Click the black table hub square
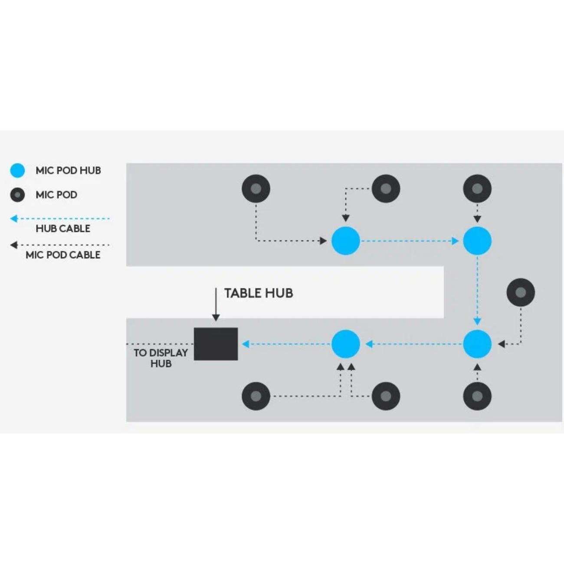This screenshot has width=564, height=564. pyautogui.click(x=216, y=344)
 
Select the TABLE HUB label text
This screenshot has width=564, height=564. pyautogui.click(x=259, y=293)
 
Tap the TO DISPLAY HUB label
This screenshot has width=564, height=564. pyautogui.click(x=161, y=358)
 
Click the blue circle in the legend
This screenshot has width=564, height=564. pyautogui.click(x=17, y=171)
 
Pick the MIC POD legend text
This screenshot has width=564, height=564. pyautogui.click(x=56, y=195)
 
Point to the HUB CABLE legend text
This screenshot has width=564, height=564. pyautogui.click(x=63, y=229)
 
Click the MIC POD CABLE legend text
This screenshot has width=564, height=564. pyautogui.click(x=63, y=255)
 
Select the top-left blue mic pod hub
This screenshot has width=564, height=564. pyautogui.click(x=346, y=241)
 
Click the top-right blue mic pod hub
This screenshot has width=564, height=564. pyautogui.click(x=477, y=241)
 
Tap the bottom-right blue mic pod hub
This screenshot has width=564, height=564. pyautogui.click(x=477, y=344)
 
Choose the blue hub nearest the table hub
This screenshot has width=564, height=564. pyautogui.click(x=346, y=344)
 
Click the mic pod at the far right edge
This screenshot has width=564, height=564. pyautogui.click(x=521, y=292)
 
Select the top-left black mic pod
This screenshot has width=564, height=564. pyautogui.click(x=256, y=189)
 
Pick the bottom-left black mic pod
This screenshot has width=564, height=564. pyautogui.click(x=256, y=396)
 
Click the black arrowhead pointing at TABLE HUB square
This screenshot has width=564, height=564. pyautogui.click(x=216, y=318)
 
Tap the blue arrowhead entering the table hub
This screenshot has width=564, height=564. pyautogui.click(x=246, y=344)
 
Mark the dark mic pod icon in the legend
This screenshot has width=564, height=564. pyautogui.click(x=17, y=195)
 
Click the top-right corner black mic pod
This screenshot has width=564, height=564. pyautogui.click(x=477, y=189)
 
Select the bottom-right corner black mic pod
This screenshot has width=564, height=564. pyautogui.click(x=477, y=396)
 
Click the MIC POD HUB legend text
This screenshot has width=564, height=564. pyautogui.click(x=68, y=171)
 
